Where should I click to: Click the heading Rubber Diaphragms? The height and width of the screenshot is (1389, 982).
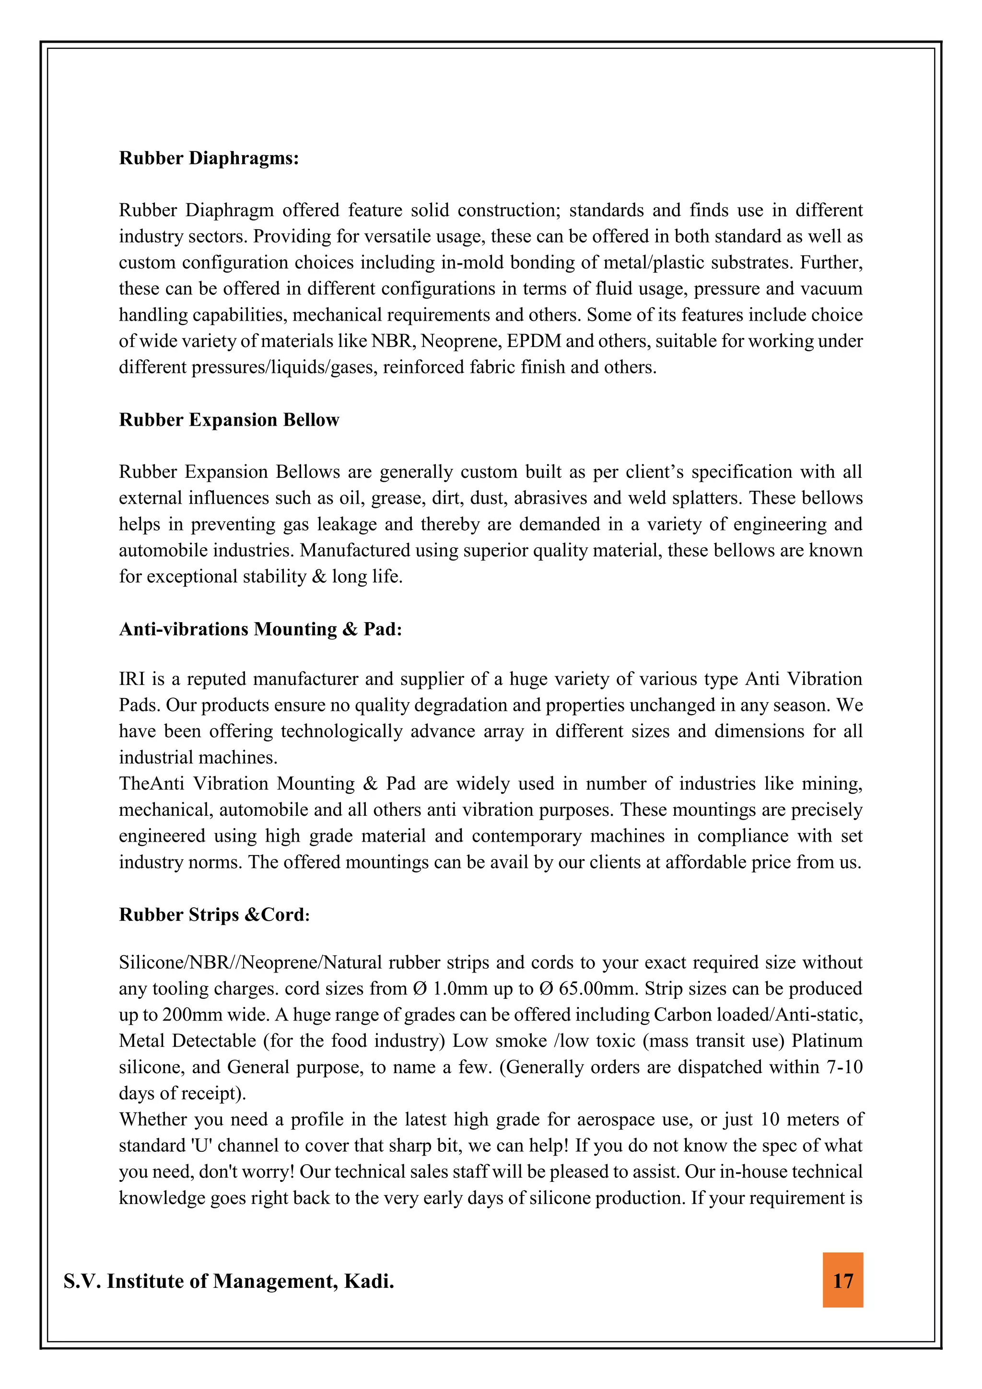[209, 159]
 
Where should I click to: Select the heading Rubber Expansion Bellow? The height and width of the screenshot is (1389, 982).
[229, 420]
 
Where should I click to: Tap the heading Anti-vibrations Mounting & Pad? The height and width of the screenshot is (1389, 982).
[260, 629]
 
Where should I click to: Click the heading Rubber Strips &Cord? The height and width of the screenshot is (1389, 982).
[214, 914]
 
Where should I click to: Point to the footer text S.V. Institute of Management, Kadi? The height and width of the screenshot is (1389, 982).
[229, 1281]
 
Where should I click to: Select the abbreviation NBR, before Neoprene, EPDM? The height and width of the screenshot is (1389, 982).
[393, 341]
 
